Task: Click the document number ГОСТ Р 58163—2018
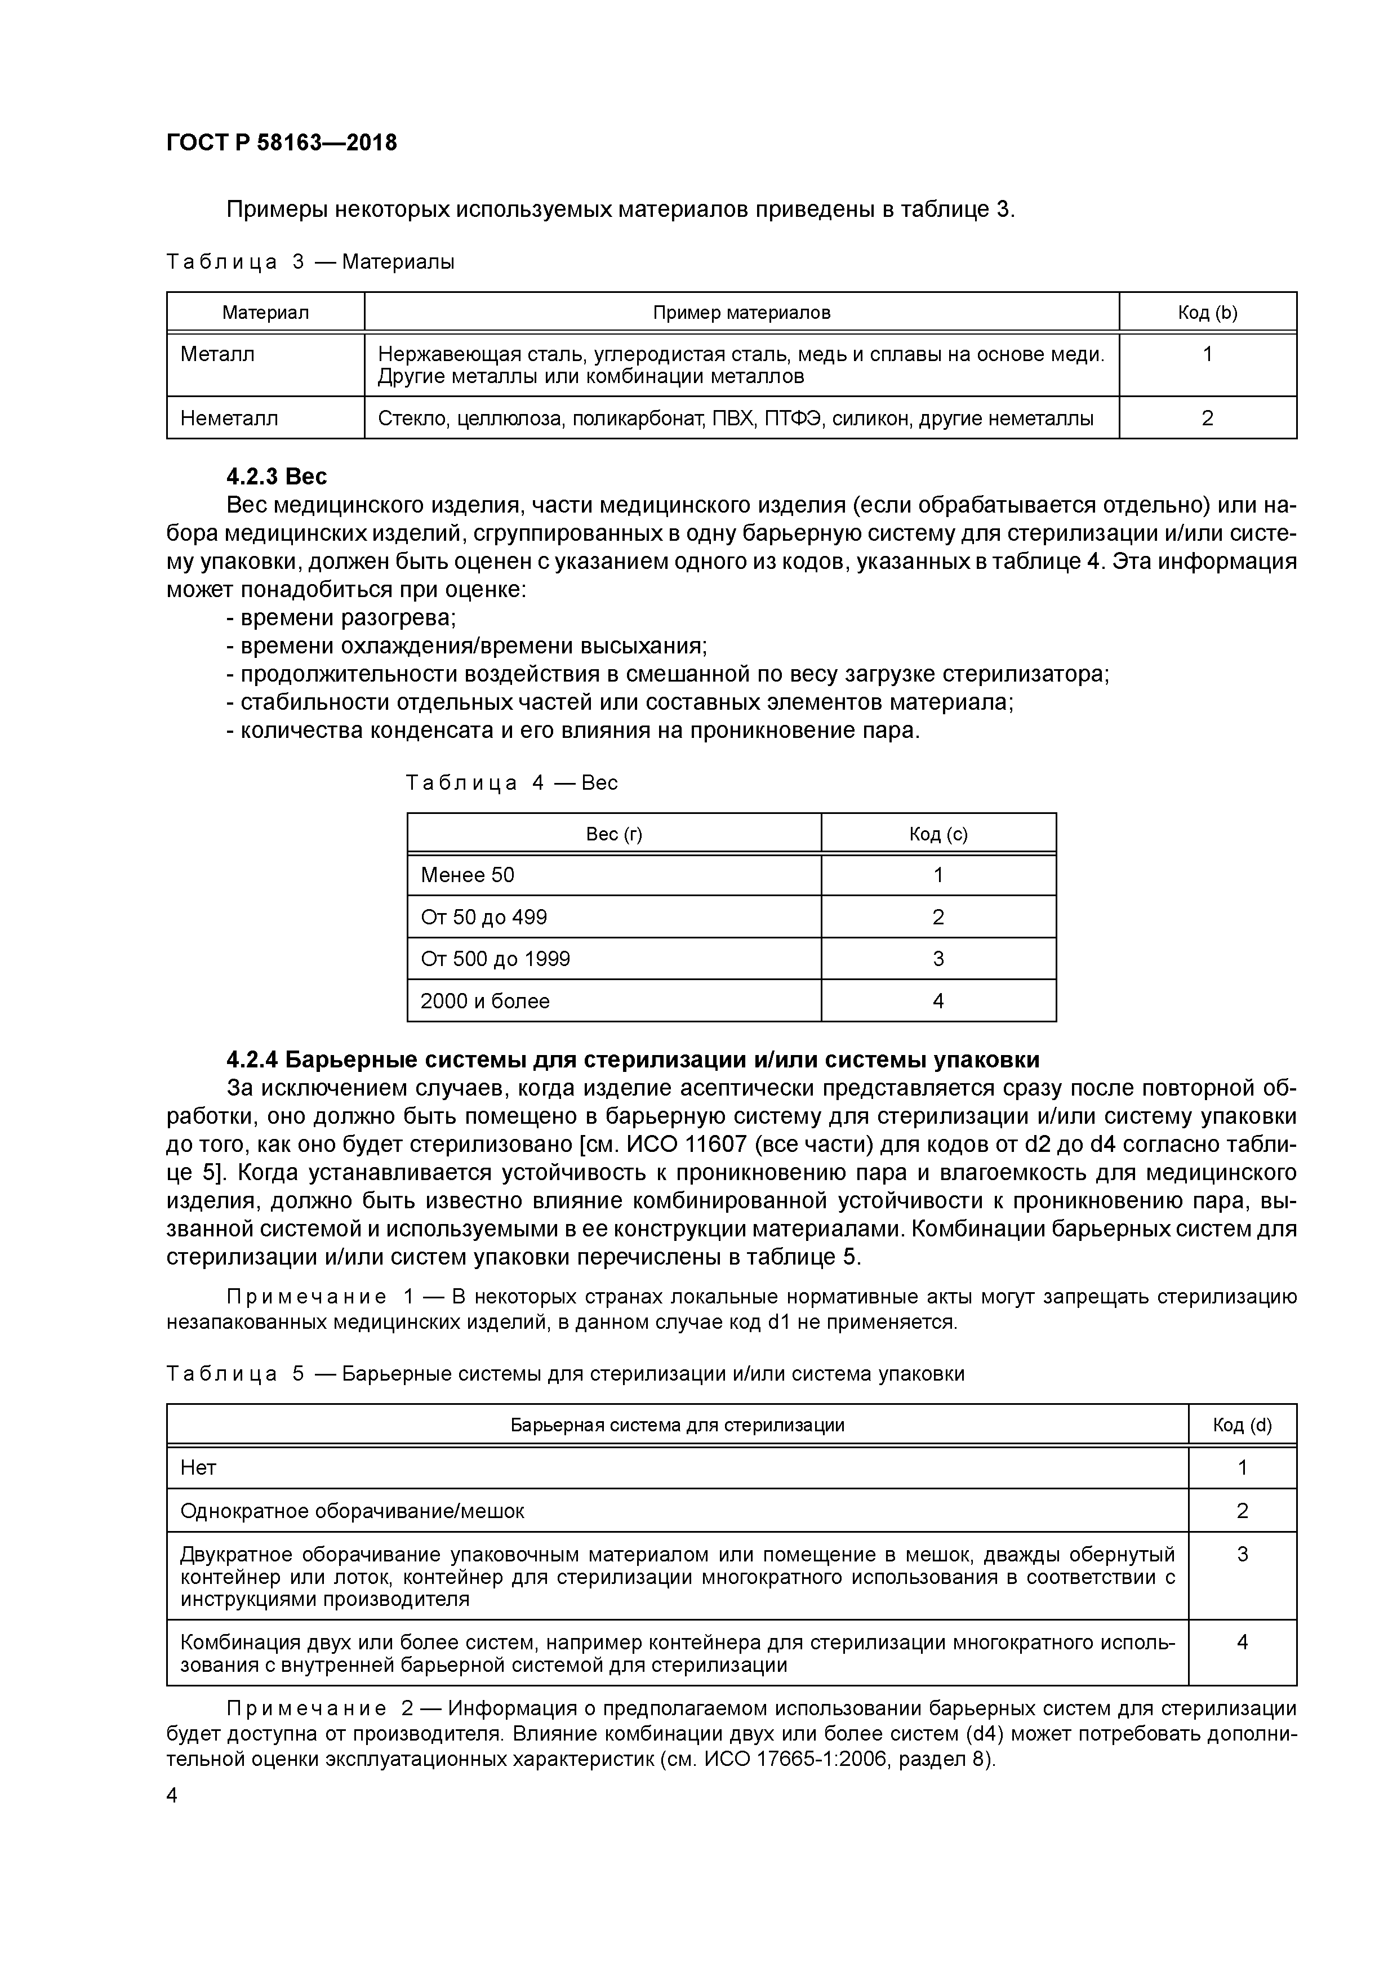[x=282, y=143]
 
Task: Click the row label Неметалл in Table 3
[x=229, y=419]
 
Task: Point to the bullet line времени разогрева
[x=341, y=618]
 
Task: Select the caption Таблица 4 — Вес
[x=511, y=783]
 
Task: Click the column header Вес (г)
[x=613, y=834]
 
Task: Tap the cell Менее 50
[x=468, y=875]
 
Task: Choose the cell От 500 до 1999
[x=495, y=959]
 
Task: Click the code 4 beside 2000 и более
[x=938, y=1001]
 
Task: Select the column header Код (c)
[x=938, y=834]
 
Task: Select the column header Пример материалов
[x=741, y=313]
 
